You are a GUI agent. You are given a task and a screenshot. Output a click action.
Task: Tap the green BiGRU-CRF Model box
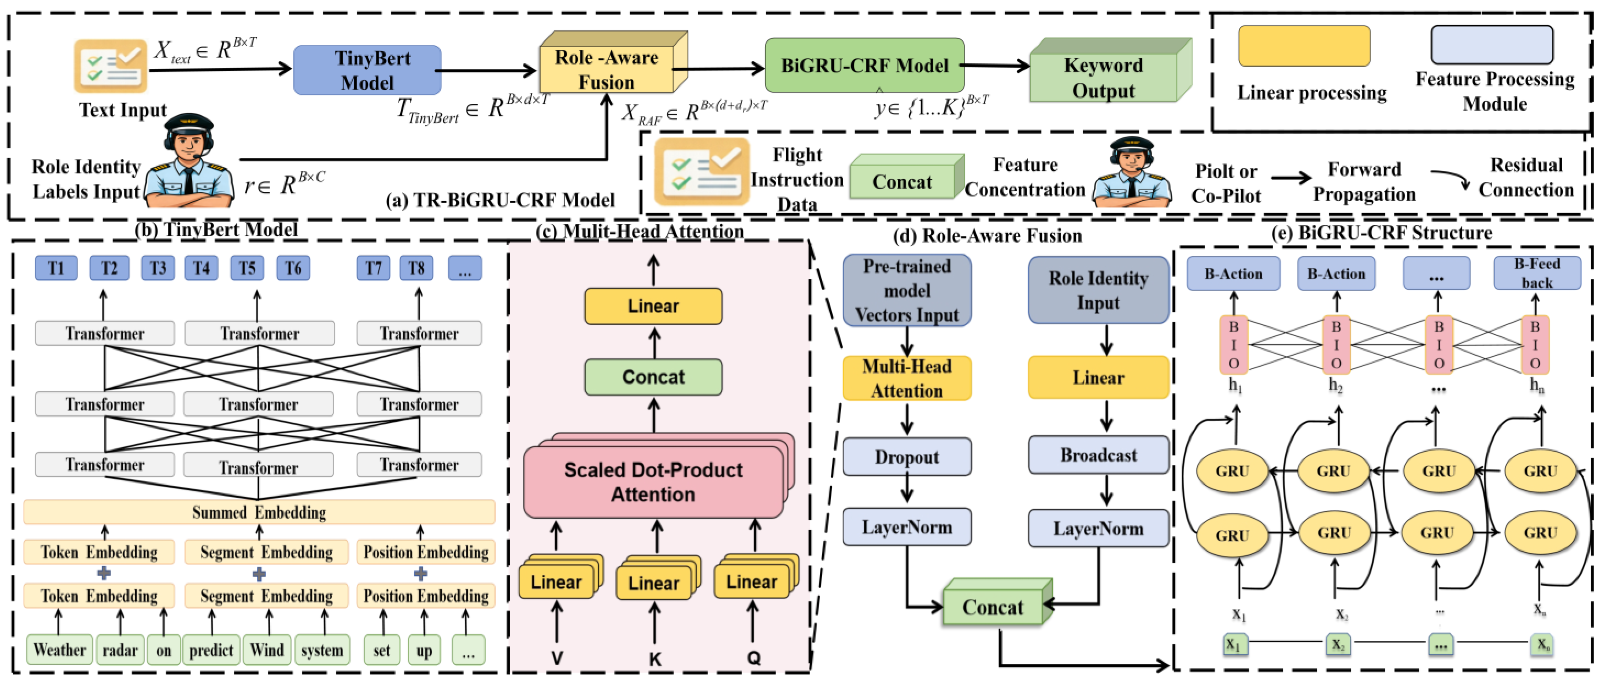coord(864,65)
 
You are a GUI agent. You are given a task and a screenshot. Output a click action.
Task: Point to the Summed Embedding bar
coord(259,512)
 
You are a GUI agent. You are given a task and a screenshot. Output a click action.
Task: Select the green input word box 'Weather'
coord(60,650)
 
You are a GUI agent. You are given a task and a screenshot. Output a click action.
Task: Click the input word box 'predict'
coord(211,650)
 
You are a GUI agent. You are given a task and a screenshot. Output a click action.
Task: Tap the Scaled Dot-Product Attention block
coord(653,482)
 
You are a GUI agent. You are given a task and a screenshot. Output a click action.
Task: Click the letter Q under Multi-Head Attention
coord(753,658)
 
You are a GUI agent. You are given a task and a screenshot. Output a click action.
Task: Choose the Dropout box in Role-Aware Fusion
coord(907,457)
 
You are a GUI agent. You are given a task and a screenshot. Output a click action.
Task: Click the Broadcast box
coord(1098,455)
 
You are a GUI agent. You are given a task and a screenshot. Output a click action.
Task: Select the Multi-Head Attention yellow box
coord(907,378)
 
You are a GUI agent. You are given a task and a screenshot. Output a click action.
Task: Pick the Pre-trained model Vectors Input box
coord(907,290)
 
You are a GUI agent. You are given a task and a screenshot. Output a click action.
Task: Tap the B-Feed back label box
coord(1537,273)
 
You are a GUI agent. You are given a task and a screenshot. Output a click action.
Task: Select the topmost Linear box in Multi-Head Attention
coord(653,306)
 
